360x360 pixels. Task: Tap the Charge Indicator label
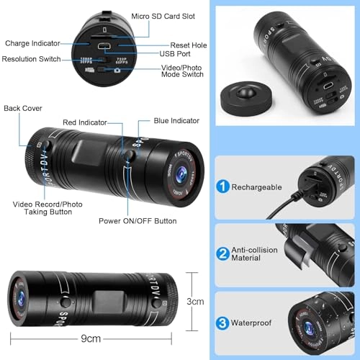coord(32,44)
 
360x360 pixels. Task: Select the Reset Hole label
coord(189,45)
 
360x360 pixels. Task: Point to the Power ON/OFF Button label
coord(138,221)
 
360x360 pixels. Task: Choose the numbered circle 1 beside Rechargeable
coord(223,186)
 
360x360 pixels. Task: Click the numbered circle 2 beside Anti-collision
coord(223,253)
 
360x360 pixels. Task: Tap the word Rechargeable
coord(257,186)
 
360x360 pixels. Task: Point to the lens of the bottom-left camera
coord(19,300)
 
